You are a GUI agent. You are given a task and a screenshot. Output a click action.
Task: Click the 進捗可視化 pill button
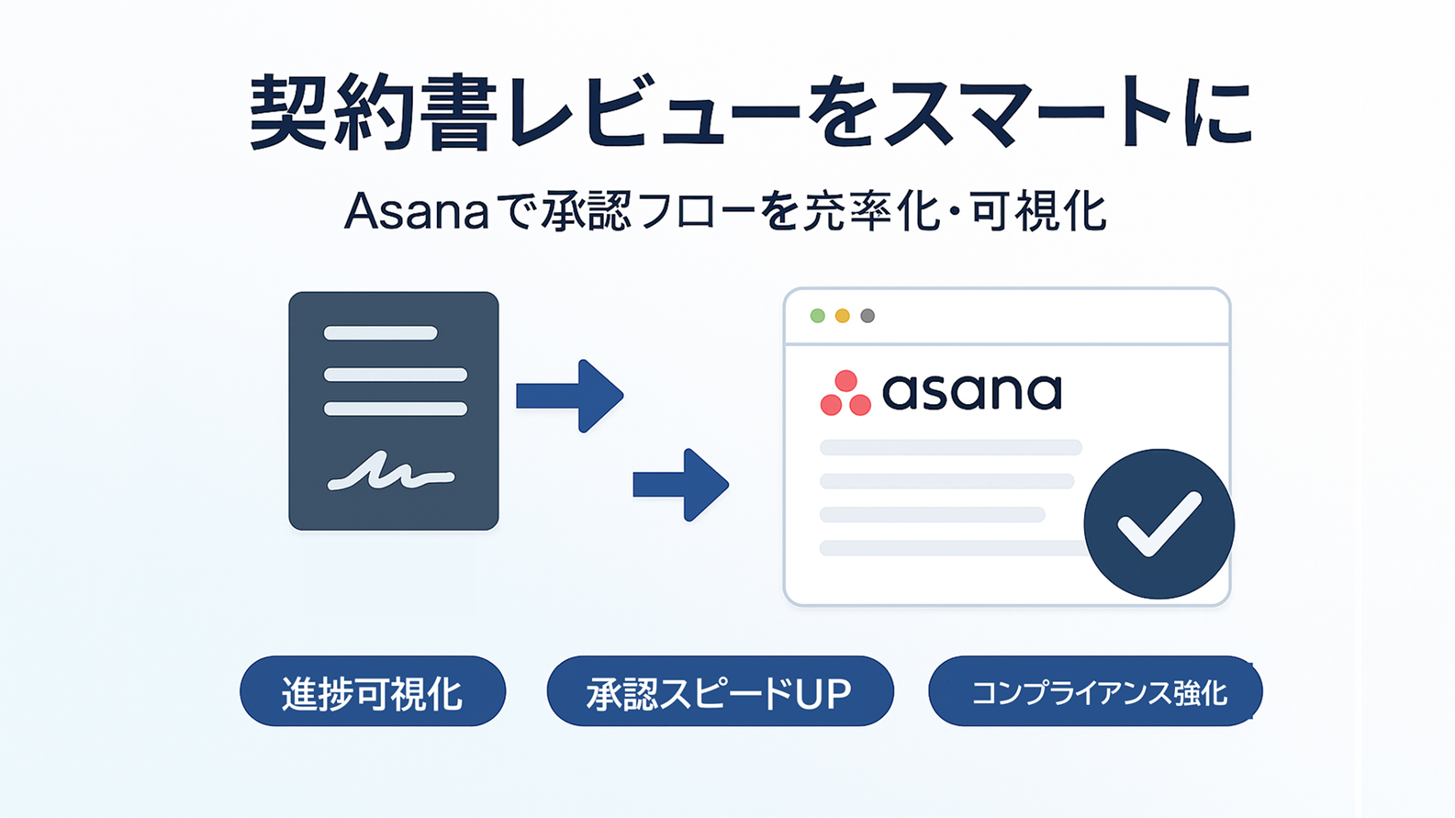pos(372,692)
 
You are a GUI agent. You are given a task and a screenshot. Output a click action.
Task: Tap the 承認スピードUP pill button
pos(720,692)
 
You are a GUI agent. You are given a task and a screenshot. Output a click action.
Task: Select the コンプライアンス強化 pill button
pos(1095,692)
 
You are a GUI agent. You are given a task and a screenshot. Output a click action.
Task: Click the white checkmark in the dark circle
pos(1158,524)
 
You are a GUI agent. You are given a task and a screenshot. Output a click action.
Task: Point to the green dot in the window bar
pos(817,316)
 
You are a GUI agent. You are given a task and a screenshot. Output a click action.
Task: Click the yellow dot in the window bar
pos(842,316)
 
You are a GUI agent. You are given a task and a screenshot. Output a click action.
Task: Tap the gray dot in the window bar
pos(867,316)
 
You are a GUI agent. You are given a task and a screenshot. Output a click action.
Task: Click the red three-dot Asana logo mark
pos(845,394)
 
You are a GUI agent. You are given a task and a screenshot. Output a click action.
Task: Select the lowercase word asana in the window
pos(971,392)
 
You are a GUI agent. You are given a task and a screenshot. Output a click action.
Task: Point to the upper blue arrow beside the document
pos(571,396)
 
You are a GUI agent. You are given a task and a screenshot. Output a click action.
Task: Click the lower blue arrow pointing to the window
pos(681,485)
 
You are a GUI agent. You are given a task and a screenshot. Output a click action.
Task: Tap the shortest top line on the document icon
pos(380,333)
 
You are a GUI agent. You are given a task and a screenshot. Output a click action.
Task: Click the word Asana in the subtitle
pos(416,212)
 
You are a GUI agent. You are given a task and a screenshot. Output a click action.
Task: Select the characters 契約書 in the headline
pos(373,113)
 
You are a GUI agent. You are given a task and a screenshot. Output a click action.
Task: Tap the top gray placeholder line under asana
pos(950,448)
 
